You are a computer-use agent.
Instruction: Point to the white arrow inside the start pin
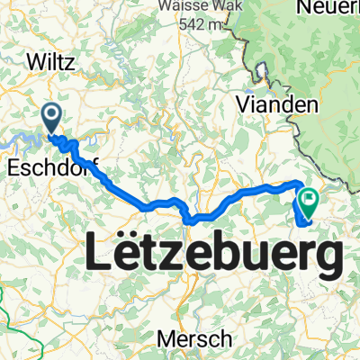coord(50,114)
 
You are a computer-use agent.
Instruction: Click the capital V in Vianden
coord(243,105)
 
